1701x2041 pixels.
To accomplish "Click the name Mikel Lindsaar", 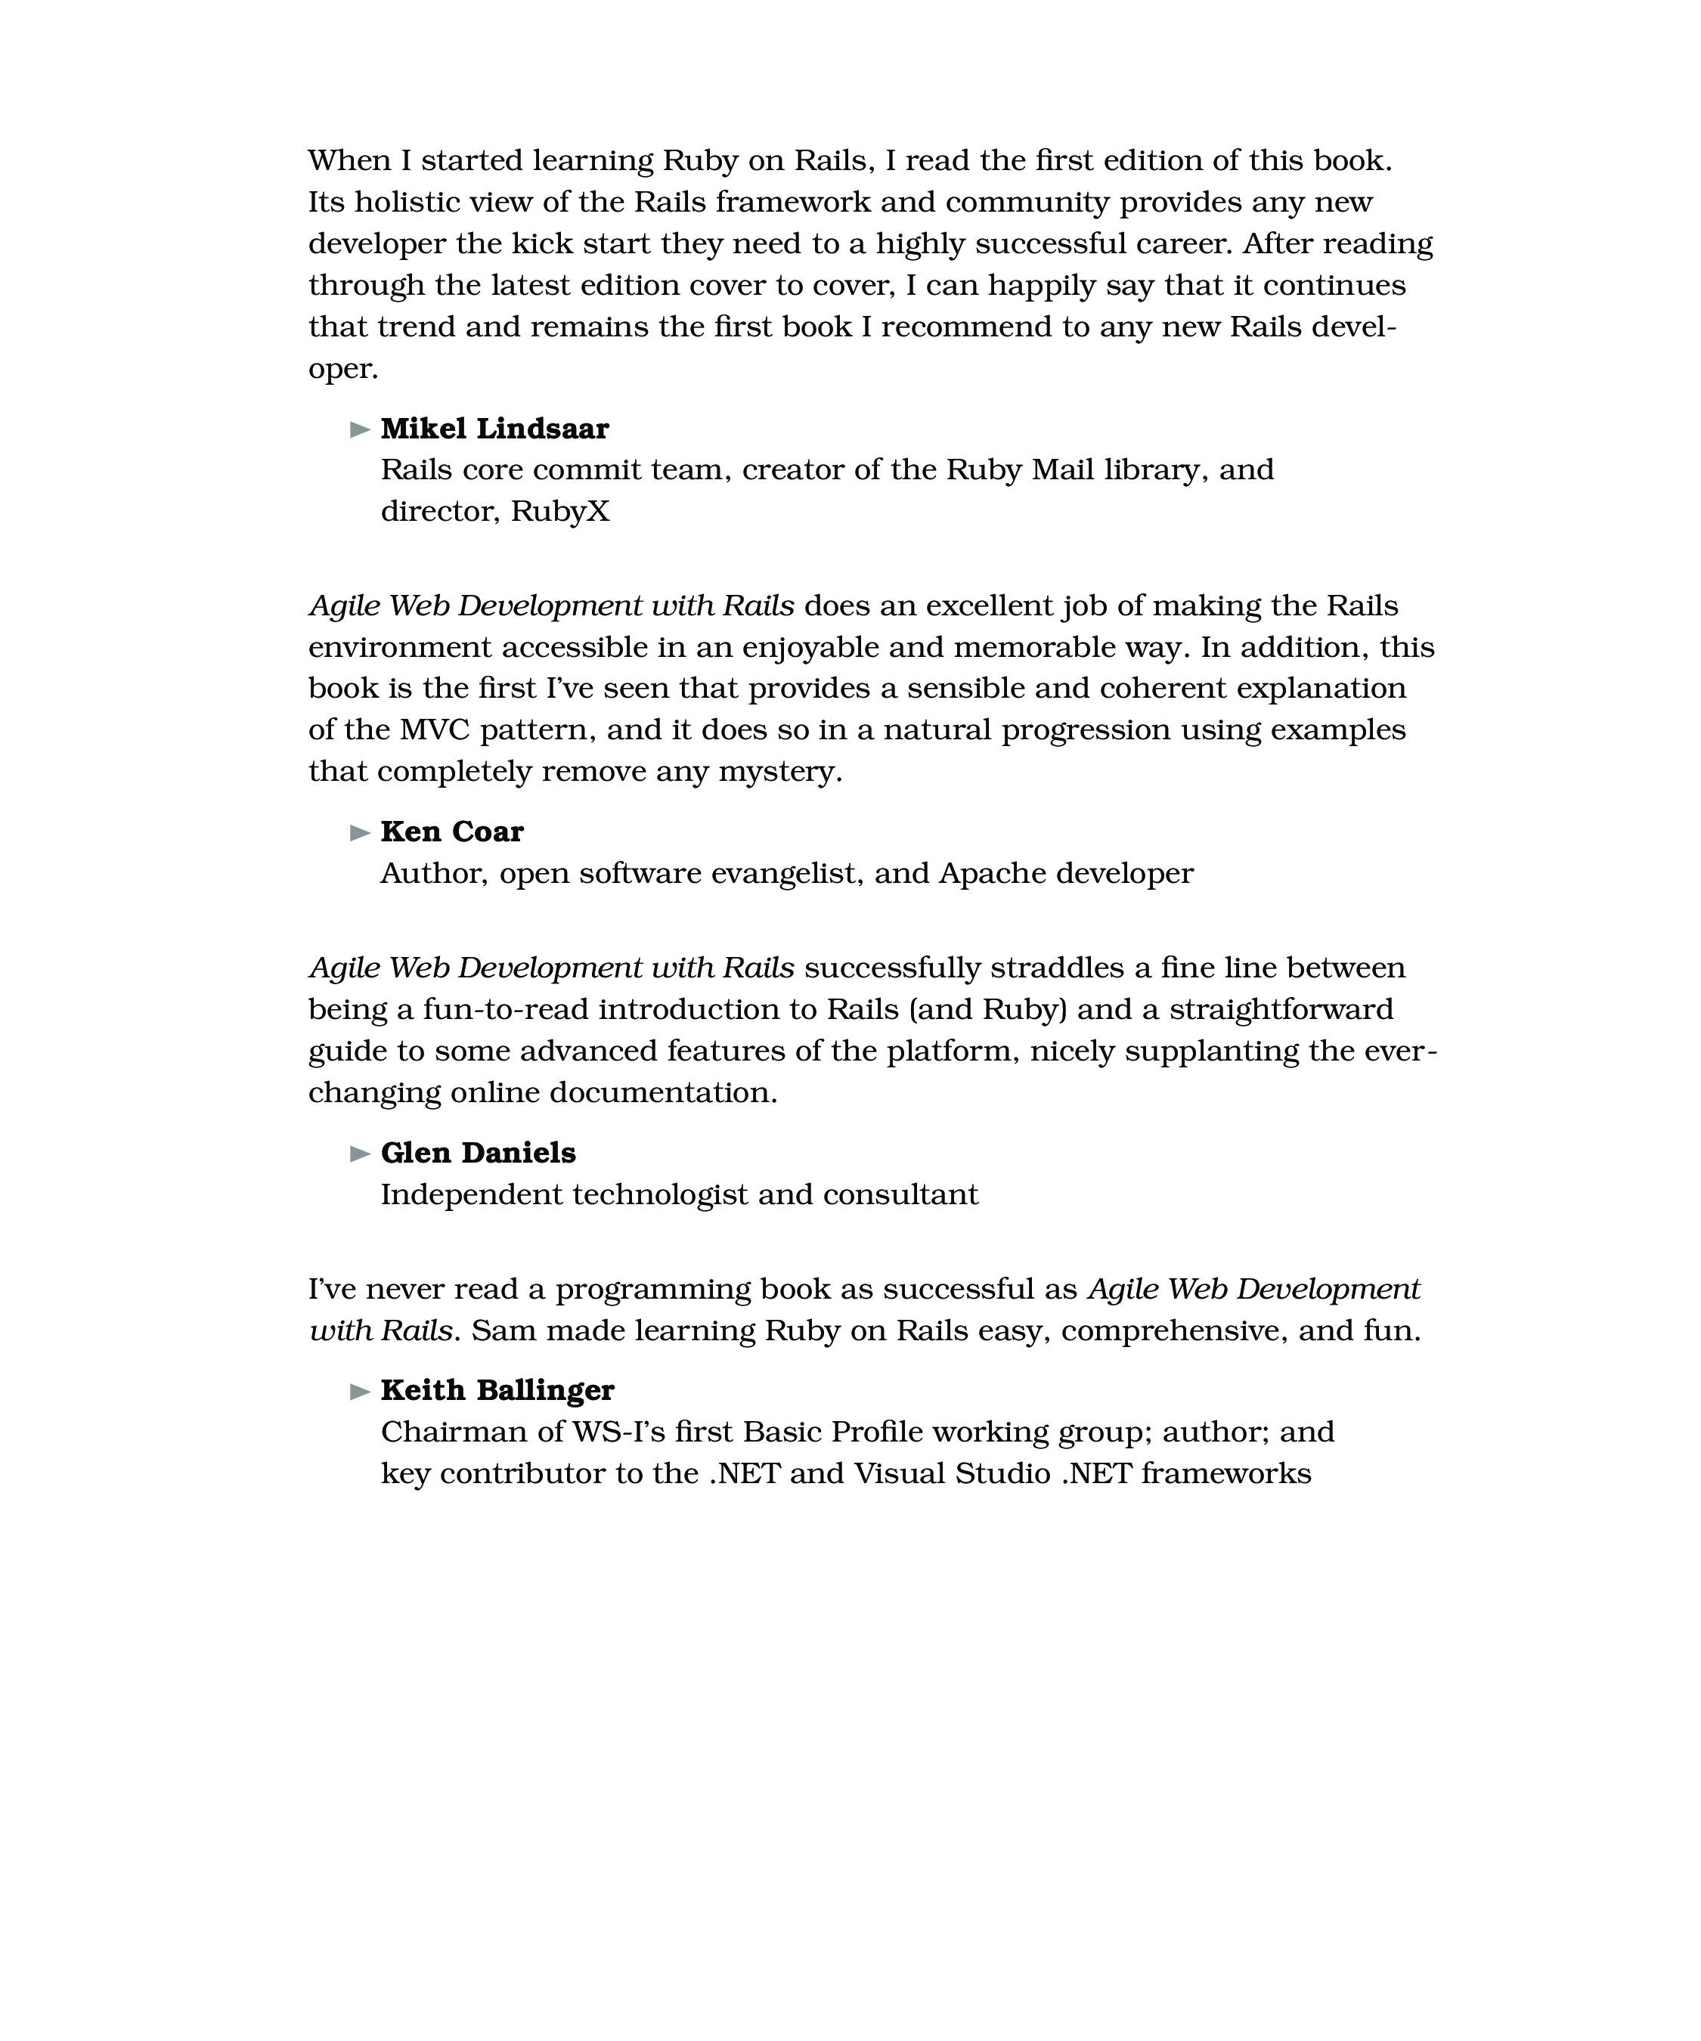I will click(494, 429).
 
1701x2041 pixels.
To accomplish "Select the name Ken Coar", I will click(451, 832).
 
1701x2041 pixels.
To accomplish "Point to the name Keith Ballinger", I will click(497, 1391).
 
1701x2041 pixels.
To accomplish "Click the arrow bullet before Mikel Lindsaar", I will click(360, 429).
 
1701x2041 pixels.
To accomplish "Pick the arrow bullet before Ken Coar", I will click(360, 833).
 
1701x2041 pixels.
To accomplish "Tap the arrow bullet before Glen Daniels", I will click(360, 1154).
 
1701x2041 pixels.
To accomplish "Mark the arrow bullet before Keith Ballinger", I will click(360, 1392).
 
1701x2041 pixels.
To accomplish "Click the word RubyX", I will click(560, 511).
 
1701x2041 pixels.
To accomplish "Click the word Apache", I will click(991, 874).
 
